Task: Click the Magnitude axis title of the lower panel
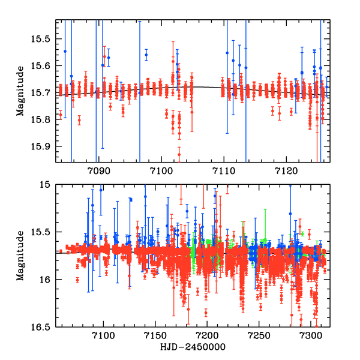[21, 256]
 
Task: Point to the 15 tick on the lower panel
[47, 185]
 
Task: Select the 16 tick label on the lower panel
[47, 280]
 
